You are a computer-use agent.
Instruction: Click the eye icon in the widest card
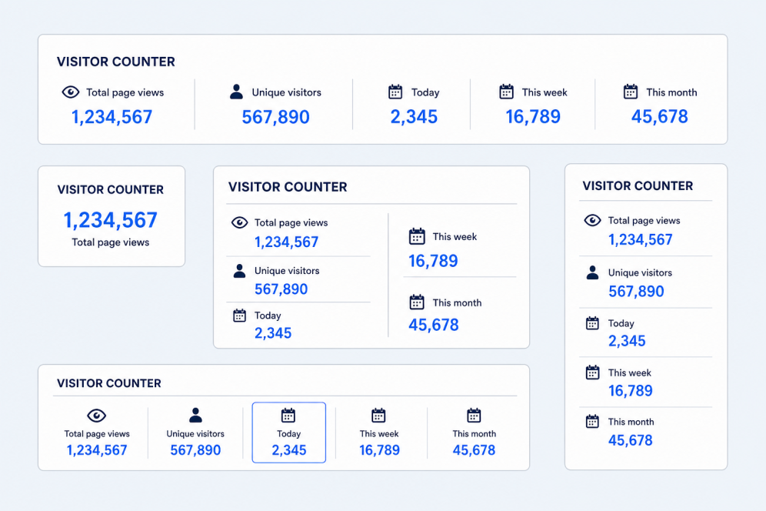point(70,92)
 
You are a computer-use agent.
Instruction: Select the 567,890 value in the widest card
point(275,117)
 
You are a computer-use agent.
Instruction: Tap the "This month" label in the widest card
point(671,92)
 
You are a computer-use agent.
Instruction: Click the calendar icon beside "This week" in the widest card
point(506,92)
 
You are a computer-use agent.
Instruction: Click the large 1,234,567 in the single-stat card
point(111,220)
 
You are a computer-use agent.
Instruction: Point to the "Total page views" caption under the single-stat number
point(111,242)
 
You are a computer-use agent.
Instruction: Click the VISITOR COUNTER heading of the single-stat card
point(111,190)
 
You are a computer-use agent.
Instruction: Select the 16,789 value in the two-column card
point(433,261)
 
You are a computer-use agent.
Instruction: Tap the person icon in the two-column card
point(239,271)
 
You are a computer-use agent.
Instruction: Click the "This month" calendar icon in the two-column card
point(417,302)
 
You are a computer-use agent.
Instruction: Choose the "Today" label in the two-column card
point(268,316)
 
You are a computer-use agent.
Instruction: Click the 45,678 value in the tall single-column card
point(630,441)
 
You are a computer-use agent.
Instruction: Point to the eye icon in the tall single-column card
point(593,221)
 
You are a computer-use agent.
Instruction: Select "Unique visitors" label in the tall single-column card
point(640,273)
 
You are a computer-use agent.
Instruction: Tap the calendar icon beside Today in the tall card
point(592,323)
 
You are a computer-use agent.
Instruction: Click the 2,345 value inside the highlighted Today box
point(288,450)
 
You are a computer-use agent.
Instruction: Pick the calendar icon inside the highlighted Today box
point(288,415)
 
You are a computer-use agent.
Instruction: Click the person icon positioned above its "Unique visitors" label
point(195,415)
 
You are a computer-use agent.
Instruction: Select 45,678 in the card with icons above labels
point(474,450)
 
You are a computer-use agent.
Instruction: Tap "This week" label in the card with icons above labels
point(379,434)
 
